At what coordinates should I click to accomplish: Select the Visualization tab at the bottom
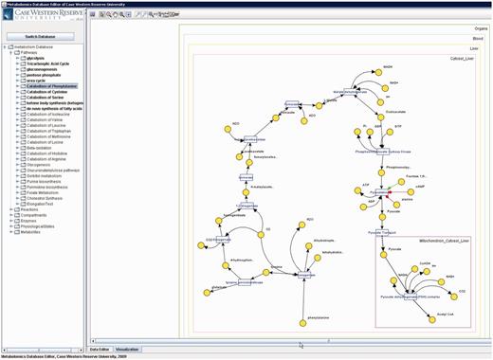pyautogui.click(x=127, y=349)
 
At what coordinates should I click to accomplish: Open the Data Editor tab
pyautogui.click(x=100, y=349)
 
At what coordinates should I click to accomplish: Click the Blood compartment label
pyautogui.click(x=478, y=38)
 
